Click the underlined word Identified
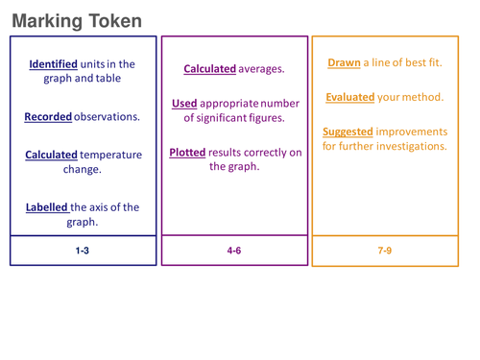(x=53, y=64)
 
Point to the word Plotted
(x=190, y=153)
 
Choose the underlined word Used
(x=184, y=104)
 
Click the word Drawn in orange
(x=344, y=62)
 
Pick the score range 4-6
(x=234, y=251)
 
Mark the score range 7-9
(x=385, y=251)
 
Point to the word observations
(x=108, y=117)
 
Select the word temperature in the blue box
(x=109, y=155)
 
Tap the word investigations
(x=406, y=146)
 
